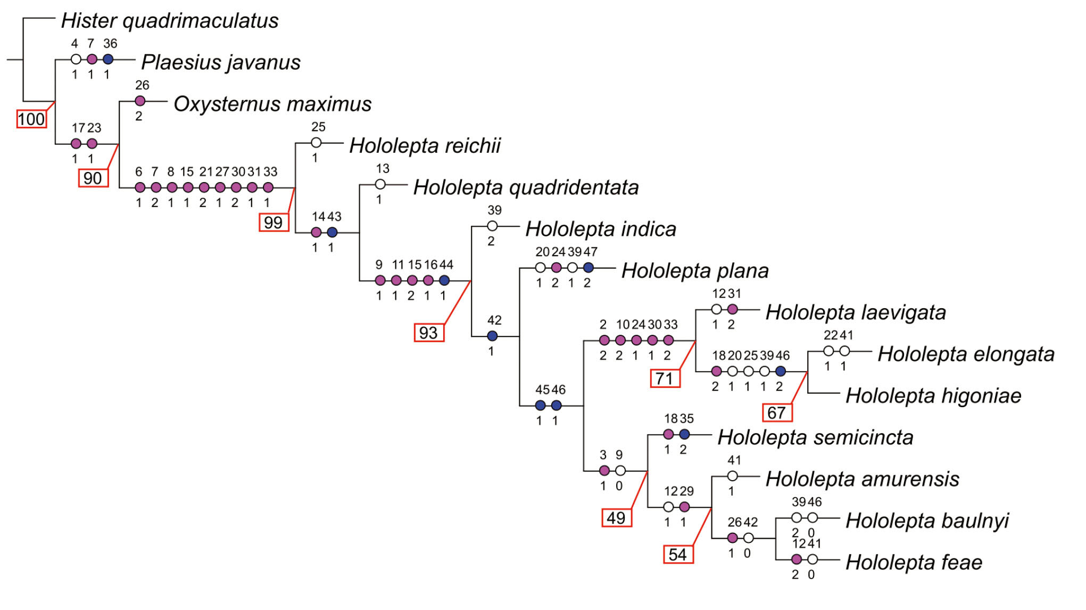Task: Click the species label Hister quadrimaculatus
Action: click(x=169, y=21)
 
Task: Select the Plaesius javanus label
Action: click(x=221, y=62)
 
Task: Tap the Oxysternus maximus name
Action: click(x=272, y=104)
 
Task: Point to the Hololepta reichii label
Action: click(x=425, y=145)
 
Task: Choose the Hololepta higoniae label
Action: click(x=933, y=395)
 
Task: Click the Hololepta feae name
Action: click(x=914, y=562)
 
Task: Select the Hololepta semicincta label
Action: click(x=815, y=437)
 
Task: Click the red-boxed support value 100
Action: click(x=31, y=119)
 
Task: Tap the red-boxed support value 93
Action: click(x=429, y=333)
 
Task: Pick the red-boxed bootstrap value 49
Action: click(x=616, y=517)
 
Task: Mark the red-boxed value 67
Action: click(x=776, y=413)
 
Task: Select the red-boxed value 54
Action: click(x=678, y=554)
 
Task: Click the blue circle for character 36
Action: click(x=108, y=59)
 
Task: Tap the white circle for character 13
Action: click(x=380, y=185)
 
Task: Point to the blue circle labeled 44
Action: click(x=444, y=281)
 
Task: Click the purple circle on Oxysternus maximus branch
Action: click(x=140, y=101)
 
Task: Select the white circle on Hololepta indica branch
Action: click(x=492, y=226)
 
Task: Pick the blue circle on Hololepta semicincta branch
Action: click(x=685, y=434)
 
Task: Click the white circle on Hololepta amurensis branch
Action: click(x=733, y=476)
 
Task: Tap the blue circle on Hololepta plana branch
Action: click(x=588, y=268)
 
